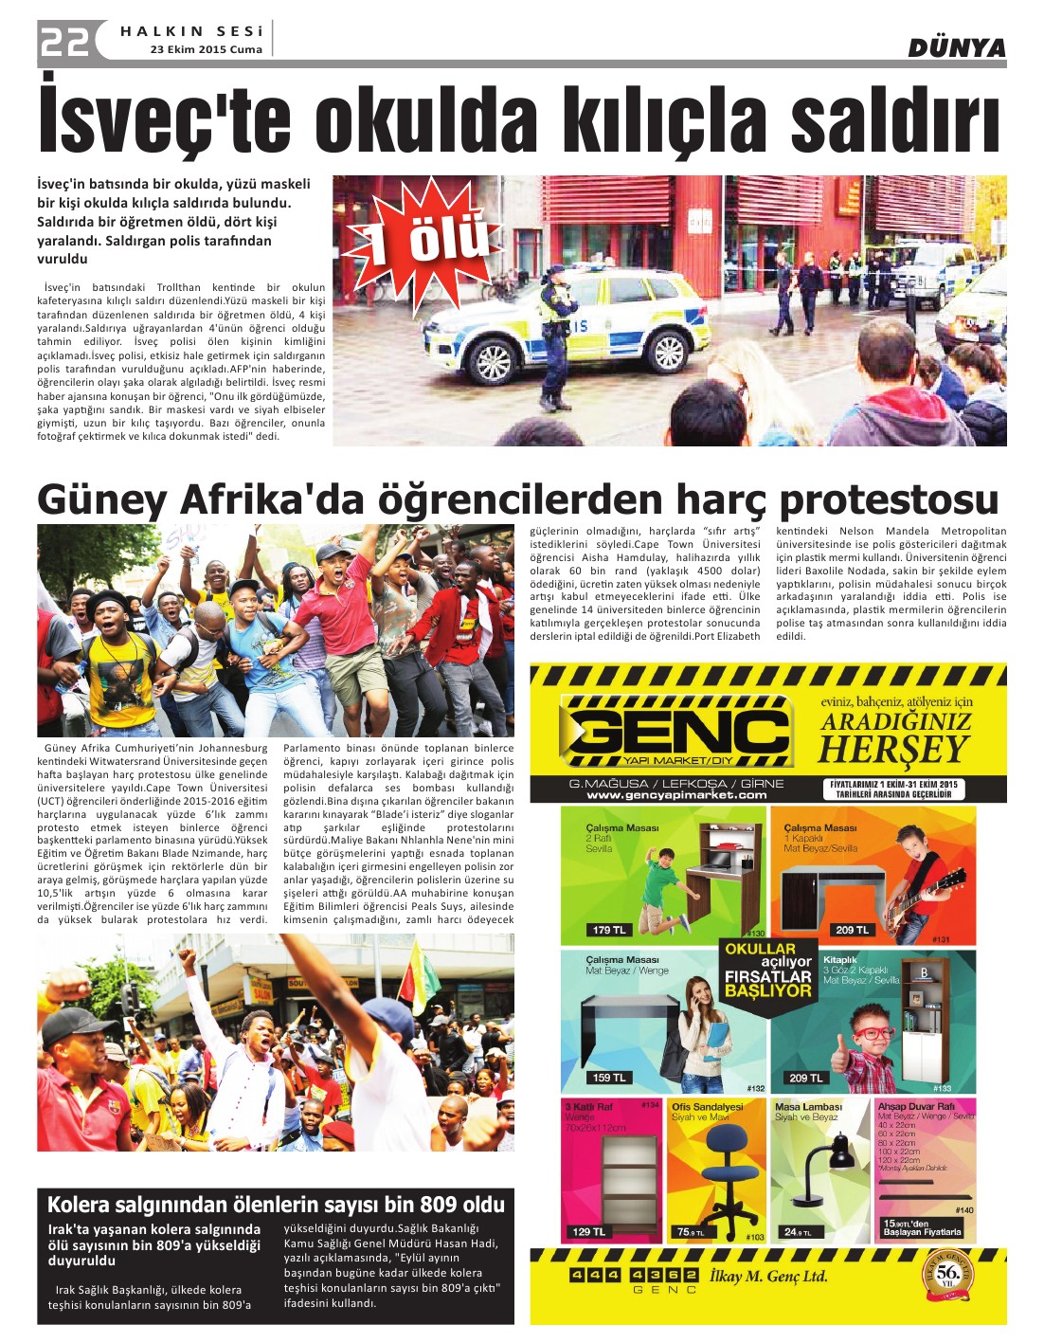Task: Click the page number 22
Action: [x=64, y=41]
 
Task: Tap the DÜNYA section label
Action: [x=956, y=47]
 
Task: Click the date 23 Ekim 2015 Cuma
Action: [x=206, y=49]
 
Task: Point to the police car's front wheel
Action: [x=494, y=362]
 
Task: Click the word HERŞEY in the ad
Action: [x=893, y=750]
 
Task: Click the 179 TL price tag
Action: [x=610, y=930]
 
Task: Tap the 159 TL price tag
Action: [x=608, y=1078]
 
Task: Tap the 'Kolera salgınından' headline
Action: [x=276, y=1205]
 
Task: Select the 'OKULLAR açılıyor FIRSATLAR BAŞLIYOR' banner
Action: [x=768, y=970]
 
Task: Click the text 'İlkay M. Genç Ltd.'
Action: [x=769, y=1277]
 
